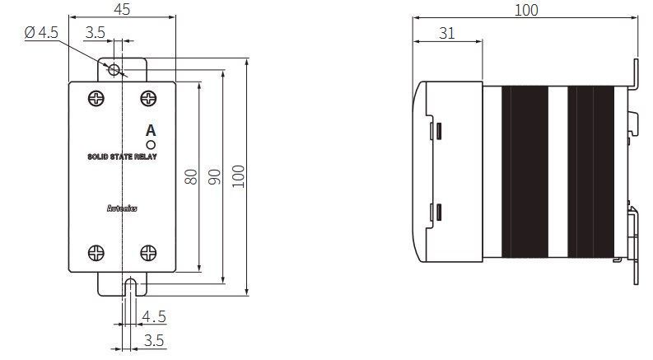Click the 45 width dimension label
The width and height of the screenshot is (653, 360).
click(x=122, y=9)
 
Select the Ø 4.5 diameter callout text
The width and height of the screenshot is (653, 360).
click(x=41, y=32)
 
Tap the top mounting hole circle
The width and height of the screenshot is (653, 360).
click(x=114, y=69)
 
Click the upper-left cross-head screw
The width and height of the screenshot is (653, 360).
click(x=96, y=99)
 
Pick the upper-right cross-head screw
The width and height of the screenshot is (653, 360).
click(x=148, y=99)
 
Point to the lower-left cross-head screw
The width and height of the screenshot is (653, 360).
click(x=96, y=253)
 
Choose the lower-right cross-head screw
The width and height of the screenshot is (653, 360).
click(x=148, y=253)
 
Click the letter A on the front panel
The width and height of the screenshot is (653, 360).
click(x=151, y=131)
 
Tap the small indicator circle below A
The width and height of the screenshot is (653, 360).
click(x=151, y=145)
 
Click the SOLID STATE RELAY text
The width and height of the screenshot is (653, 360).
click(x=122, y=157)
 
